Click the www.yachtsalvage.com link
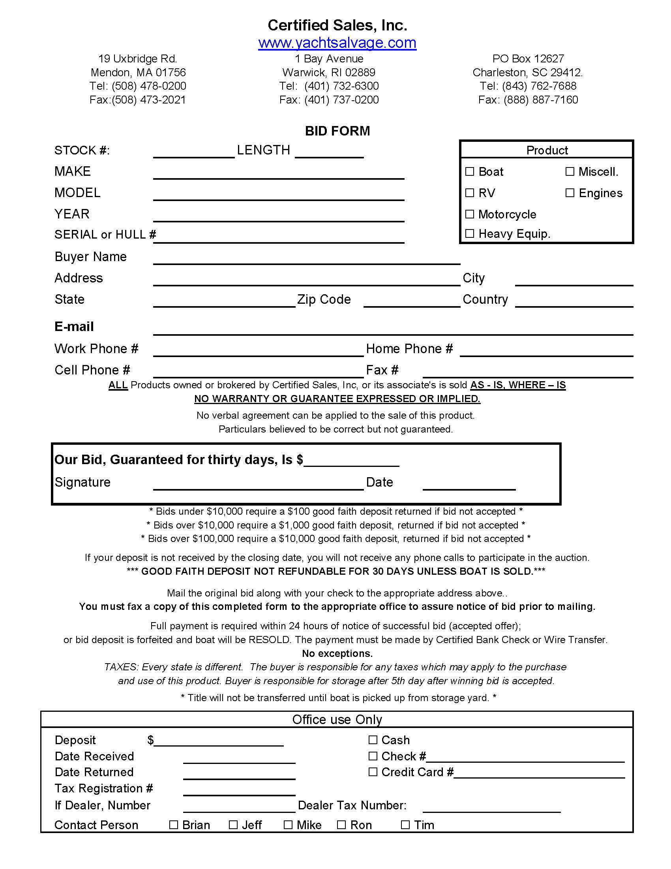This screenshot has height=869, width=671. coord(337,43)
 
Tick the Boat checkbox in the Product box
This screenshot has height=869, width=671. coord(469,171)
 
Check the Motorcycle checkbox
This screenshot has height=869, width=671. coord(469,214)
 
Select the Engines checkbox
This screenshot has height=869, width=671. coord(570,193)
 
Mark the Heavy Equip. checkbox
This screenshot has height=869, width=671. coord(469,233)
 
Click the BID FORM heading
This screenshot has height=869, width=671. coord(337,131)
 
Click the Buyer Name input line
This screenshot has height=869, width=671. coord(306,260)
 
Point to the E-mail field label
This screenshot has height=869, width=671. coord(74,327)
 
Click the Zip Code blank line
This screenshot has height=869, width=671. coord(411,303)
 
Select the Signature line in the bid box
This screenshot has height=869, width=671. coord(259,485)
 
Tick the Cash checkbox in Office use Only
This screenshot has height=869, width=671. coord(373,740)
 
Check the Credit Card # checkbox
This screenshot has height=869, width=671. coord(373,772)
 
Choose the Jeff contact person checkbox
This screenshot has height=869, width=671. coord(233,825)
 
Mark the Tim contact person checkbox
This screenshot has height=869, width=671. coord(405,825)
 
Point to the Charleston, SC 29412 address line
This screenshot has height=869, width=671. coord(527,72)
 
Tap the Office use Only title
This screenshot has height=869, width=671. coord(337,719)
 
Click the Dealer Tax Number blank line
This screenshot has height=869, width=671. coord(491,808)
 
